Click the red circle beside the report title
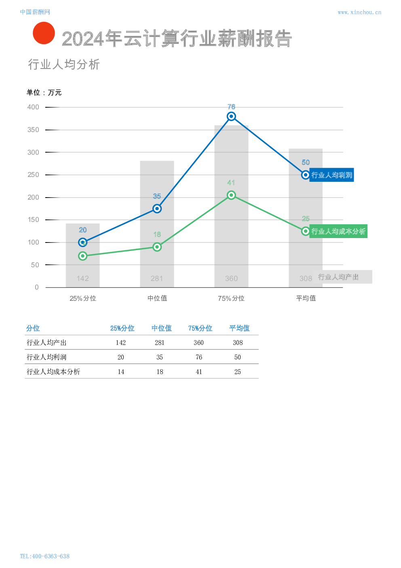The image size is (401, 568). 44,33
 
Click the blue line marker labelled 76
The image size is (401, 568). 231,117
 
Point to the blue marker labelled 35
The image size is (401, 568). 157,209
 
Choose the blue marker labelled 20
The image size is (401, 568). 82,243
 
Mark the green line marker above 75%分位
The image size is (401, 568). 231,195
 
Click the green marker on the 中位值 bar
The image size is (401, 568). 157,247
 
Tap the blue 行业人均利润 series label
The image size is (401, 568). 331,175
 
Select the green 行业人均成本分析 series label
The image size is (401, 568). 338,231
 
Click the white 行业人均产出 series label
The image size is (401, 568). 342,277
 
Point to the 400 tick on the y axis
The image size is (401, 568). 33,107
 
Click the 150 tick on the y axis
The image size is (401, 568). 33,220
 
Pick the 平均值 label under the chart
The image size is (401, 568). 306,298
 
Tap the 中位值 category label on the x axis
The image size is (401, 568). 157,298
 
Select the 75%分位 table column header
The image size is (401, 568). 200,328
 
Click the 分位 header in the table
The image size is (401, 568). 33,328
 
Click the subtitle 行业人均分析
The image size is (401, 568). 64,64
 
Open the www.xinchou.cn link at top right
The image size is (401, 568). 359,13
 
